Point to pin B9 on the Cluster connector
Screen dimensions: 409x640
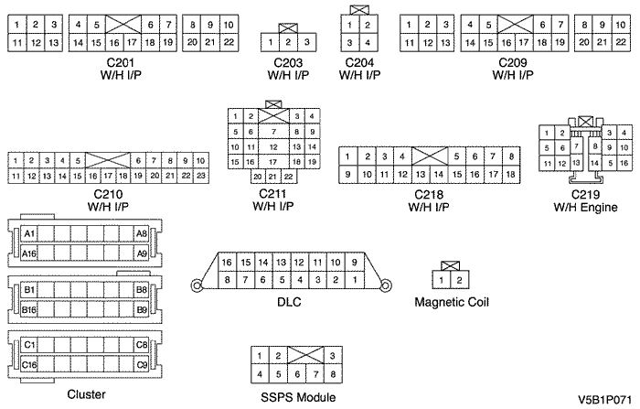[141, 309]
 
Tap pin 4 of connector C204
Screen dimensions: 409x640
[367, 42]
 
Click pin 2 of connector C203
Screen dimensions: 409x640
[288, 41]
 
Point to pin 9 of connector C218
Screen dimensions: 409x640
[348, 174]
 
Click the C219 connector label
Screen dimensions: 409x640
[585, 195]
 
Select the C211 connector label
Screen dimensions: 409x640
[273, 193]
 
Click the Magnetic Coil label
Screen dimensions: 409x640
[451, 301]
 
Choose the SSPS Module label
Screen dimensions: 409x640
[293, 396]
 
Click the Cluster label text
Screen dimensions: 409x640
[87, 394]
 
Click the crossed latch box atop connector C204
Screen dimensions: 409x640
[358, 10]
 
